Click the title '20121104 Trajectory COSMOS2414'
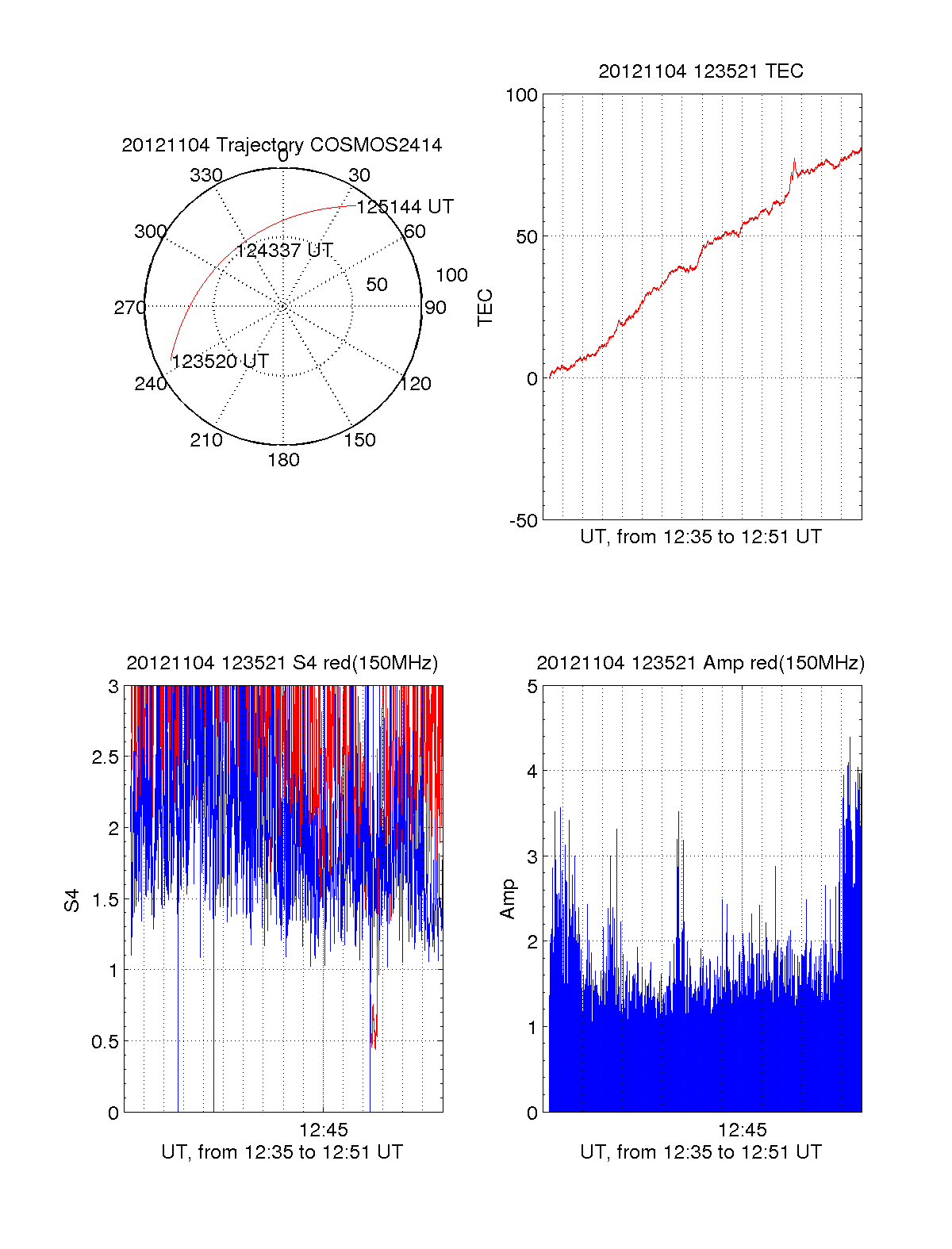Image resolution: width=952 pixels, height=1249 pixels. tap(282, 145)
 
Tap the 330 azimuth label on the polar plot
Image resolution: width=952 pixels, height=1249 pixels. tap(206, 175)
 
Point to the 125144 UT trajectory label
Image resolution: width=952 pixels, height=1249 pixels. tap(405, 207)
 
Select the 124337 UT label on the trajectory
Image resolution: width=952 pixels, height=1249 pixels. tap(284, 251)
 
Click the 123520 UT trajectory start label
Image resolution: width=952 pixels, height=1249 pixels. tap(221, 362)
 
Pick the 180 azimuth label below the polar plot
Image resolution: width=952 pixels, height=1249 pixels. tap(283, 460)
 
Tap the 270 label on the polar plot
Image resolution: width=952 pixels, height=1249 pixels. tap(129, 308)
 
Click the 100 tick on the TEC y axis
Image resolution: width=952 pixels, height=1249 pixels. tap(521, 96)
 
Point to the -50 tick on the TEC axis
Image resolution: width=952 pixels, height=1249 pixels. tap(523, 521)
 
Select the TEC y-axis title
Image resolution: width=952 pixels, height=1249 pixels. tap(486, 308)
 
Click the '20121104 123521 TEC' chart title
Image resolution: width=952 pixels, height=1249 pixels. tap(701, 71)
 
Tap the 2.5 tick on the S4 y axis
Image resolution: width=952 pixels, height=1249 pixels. tap(106, 757)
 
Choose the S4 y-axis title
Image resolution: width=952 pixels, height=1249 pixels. tap(72, 900)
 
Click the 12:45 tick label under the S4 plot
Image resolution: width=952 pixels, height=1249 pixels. tap(323, 1129)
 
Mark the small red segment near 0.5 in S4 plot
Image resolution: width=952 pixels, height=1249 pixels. tap(374, 1029)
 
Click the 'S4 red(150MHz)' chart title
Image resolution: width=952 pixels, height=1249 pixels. tap(282, 663)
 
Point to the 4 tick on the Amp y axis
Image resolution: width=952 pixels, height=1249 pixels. tap(532, 772)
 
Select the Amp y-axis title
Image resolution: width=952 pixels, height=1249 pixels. tap(508, 899)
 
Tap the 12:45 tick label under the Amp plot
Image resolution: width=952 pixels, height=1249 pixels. tap(742, 1129)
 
